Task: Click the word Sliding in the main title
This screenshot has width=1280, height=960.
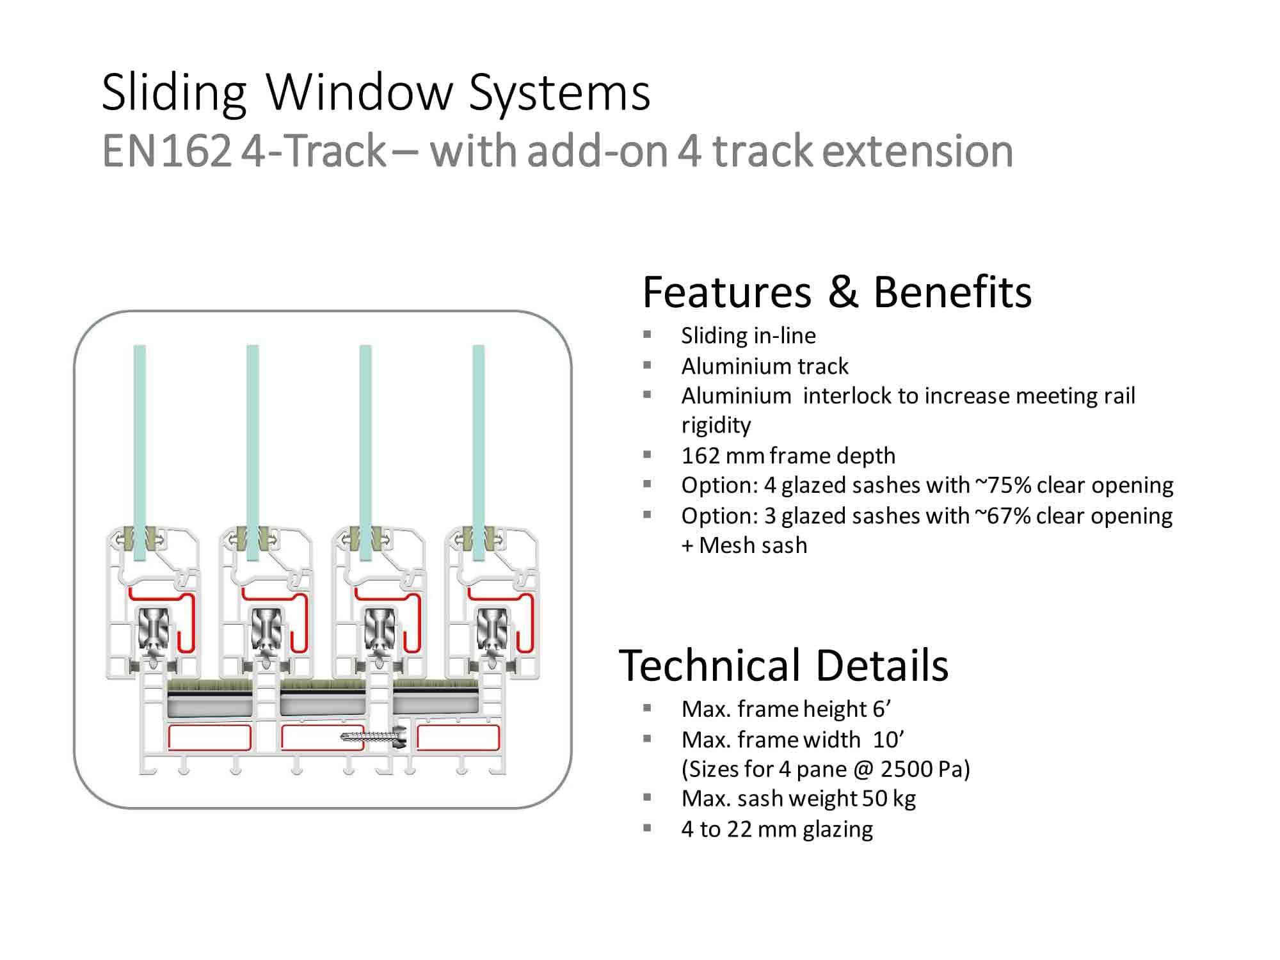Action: click(x=174, y=93)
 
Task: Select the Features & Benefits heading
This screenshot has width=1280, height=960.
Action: click(x=837, y=292)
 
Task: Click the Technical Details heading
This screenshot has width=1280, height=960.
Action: click(x=783, y=665)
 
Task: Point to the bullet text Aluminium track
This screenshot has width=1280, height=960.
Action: click(x=765, y=366)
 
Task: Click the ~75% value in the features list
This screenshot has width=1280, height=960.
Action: click(x=1003, y=485)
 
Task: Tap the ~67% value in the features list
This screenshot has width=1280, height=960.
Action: click(x=1002, y=516)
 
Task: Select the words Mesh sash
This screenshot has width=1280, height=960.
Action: click(x=753, y=545)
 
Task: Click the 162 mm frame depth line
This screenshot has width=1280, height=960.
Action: click(x=788, y=456)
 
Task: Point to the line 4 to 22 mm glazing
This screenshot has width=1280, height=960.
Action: click(x=777, y=829)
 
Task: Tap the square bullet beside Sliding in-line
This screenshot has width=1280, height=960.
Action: click(x=647, y=334)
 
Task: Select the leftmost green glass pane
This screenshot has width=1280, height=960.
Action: click(x=140, y=452)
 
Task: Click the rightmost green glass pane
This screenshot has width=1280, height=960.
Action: click(x=478, y=452)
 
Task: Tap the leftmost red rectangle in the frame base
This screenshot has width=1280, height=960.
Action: click(x=209, y=738)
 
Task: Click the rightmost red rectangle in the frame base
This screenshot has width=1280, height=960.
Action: click(x=458, y=738)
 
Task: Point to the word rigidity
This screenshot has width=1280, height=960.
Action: click(x=716, y=426)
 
